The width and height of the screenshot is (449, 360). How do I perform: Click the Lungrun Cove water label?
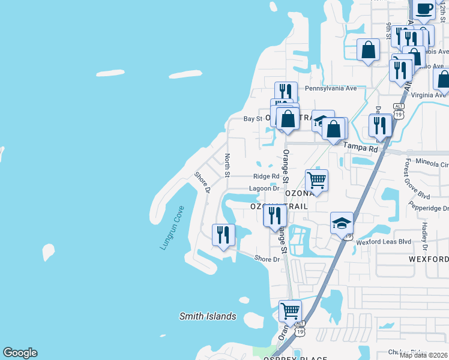172,228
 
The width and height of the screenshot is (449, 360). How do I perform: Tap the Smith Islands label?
208,316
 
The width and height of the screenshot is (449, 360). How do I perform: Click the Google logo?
20,353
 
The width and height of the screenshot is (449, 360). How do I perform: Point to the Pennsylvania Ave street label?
331,88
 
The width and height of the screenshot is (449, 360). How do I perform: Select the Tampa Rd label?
360,147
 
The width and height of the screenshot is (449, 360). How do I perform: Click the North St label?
228,166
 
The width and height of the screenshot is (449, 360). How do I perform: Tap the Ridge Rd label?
266,176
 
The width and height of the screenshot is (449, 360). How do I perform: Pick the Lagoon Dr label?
265,188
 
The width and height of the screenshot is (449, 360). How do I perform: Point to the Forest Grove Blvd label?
417,179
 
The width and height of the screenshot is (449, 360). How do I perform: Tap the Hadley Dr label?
424,236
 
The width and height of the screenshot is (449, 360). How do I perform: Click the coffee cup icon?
424,10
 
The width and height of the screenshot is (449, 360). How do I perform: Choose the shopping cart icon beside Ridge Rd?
316,179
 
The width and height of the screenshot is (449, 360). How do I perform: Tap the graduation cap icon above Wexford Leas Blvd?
342,223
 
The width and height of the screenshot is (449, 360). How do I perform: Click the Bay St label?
253,119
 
